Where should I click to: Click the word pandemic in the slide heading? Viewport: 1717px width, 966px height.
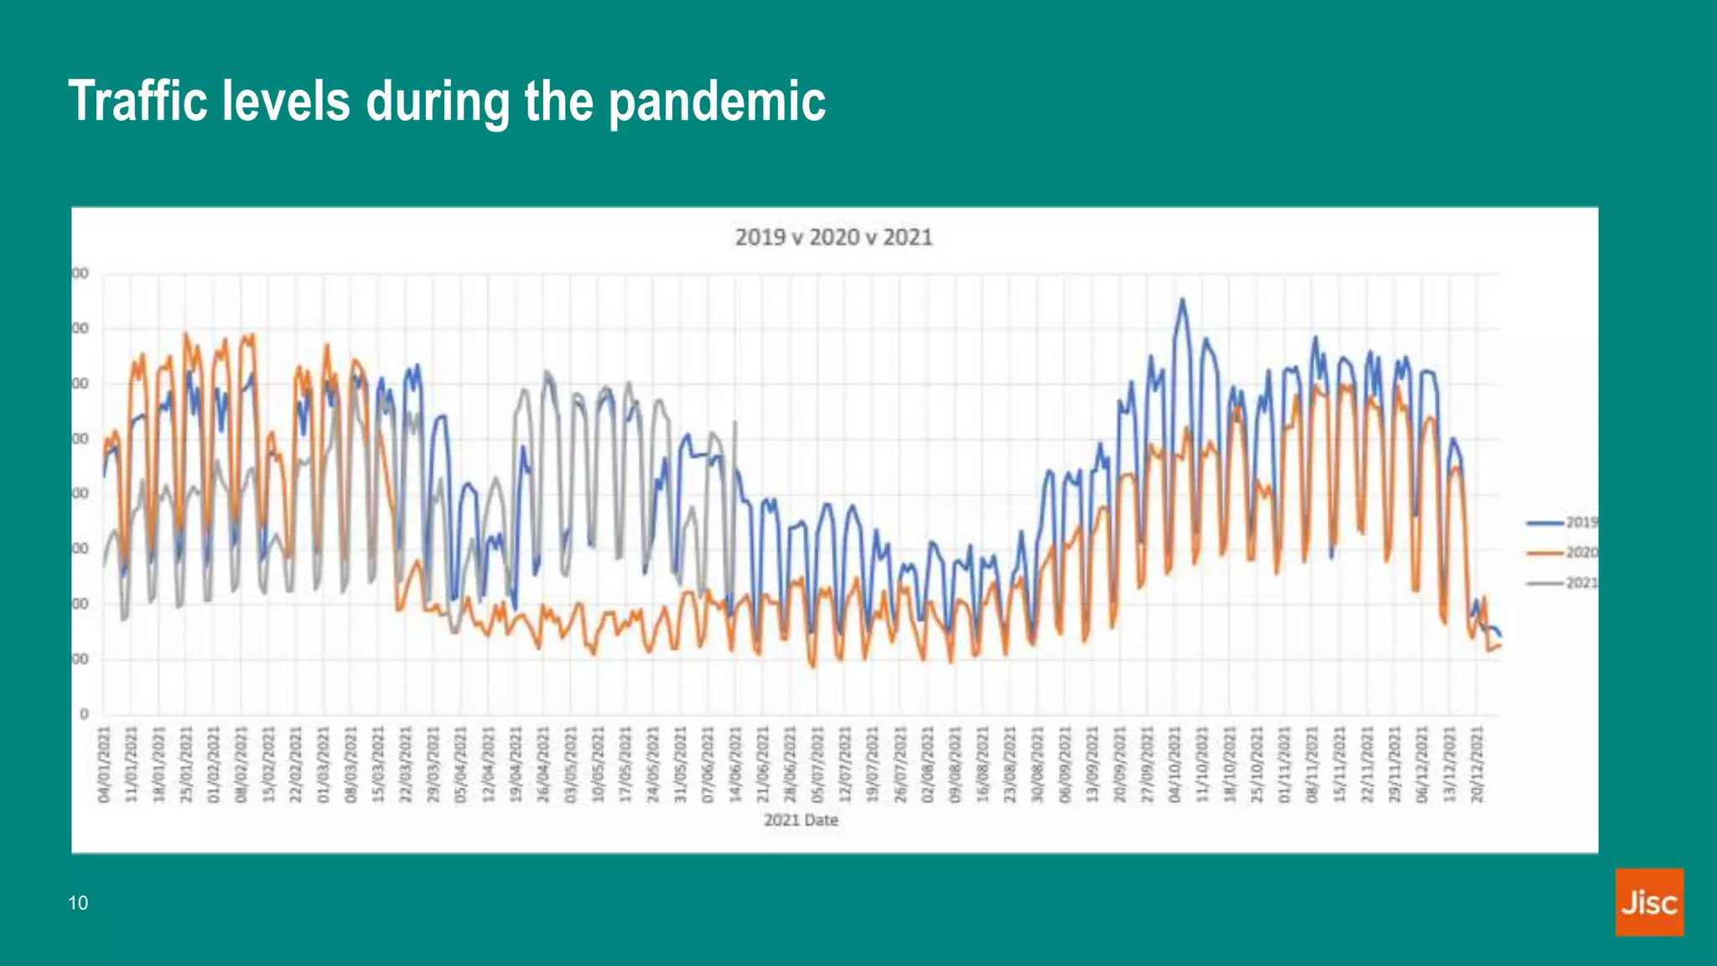(x=717, y=101)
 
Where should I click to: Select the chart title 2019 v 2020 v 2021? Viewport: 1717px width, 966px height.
(x=833, y=237)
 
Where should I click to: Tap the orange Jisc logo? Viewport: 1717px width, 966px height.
(x=1648, y=901)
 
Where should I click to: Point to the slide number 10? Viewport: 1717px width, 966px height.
(x=78, y=903)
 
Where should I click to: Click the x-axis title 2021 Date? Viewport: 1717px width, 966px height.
(x=801, y=820)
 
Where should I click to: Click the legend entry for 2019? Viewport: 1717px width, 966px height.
(x=1563, y=522)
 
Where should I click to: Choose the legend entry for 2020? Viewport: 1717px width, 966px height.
(x=1563, y=553)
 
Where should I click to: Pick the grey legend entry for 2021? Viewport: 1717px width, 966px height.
(x=1563, y=583)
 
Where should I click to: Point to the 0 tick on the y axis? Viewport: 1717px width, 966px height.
(x=84, y=714)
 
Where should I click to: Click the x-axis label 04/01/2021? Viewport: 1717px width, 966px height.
(x=105, y=764)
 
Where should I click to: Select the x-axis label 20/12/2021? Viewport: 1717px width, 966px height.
(x=1477, y=764)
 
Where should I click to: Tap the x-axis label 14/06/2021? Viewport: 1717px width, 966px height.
(x=736, y=764)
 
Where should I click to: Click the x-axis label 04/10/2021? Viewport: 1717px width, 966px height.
(x=1175, y=764)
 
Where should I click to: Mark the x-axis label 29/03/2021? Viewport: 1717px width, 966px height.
(x=433, y=764)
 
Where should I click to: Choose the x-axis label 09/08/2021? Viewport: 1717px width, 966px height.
(x=955, y=764)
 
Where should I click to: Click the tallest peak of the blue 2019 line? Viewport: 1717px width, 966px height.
(x=1182, y=299)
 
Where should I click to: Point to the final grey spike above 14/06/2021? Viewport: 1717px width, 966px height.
(x=735, y=423)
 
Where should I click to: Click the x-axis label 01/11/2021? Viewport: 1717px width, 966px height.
(x=1284, y=764)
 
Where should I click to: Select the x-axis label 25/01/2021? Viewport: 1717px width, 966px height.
(x=186, y=764)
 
